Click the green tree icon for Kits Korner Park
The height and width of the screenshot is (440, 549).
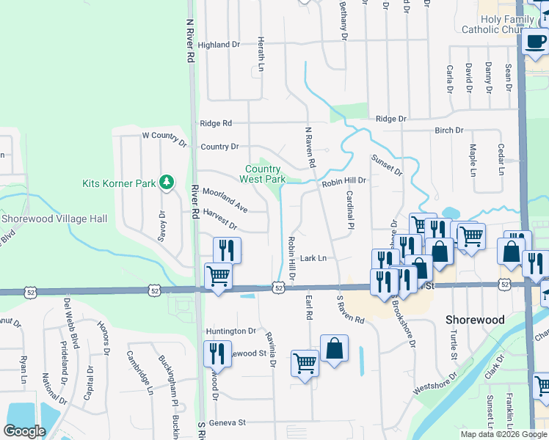pyautogui.click(x=167, y=182)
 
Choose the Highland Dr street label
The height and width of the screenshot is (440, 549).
pyautogui.click(x=219, y=45)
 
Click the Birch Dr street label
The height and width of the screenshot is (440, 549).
pyautogui.click(x=449, y=131)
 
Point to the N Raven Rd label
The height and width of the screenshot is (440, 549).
pyautogui.click(x=310, y=144)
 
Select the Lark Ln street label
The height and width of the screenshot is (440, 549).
pyautogui.click(x=313, y=258)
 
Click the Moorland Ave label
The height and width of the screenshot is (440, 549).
pyautogui.click(x=225, y=199)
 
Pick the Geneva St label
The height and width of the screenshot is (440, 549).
pyautogui.click(x=225, y=422)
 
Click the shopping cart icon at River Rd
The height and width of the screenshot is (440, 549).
pyautogui.click(x=218, y=276)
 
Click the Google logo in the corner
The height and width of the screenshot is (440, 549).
pyautogui.click(x=24, y=431)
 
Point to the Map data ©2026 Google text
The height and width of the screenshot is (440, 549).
pyautogui.click(x=503, y=434)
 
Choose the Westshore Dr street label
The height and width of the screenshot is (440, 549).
pyautogui.click(x=435, y=383)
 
